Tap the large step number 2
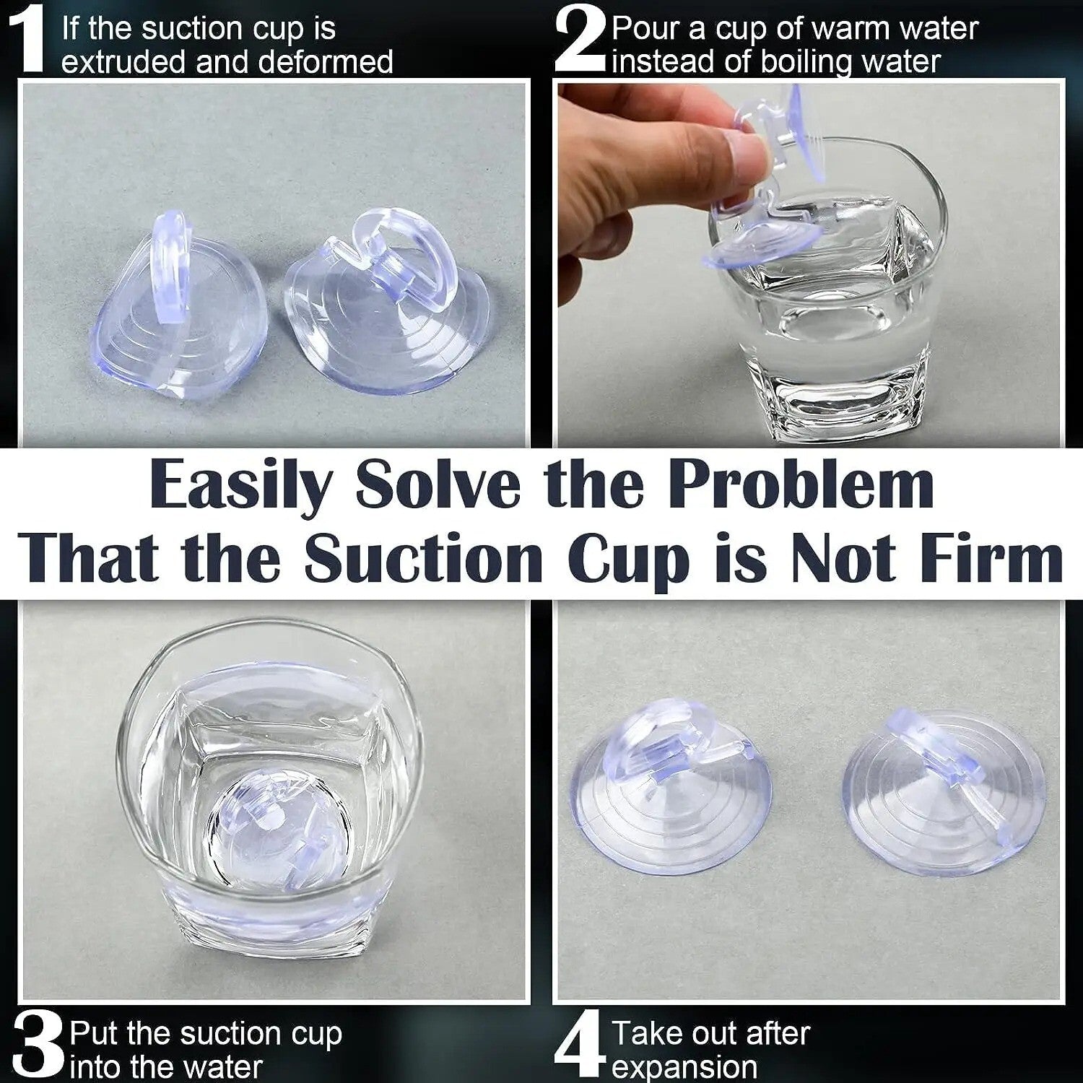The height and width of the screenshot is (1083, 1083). tap(580, 40)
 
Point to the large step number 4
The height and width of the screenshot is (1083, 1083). tap(580, 1045)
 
